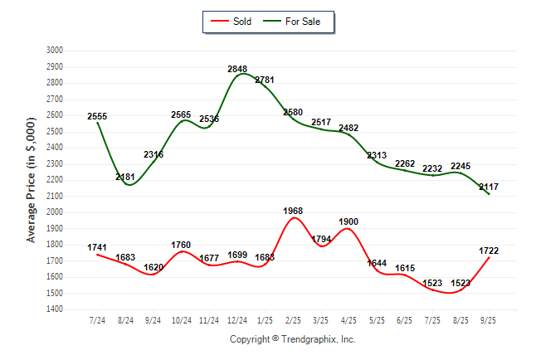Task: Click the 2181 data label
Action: point(126,177)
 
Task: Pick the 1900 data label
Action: point(348,221)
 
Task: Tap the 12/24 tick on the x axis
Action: point(237,320)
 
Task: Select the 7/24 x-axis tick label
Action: point(97,320)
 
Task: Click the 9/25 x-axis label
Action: point(490,320)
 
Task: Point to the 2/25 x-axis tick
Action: point(294,320)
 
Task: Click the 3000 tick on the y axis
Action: point(55,51)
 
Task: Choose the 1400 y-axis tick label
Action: point(55,309)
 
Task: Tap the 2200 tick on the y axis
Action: point(55,180)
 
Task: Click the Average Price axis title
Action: point(32,180)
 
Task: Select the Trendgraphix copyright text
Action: point(292,339)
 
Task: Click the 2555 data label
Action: point(97,116)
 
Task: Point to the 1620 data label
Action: point(154,268)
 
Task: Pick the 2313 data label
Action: point(378,155)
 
